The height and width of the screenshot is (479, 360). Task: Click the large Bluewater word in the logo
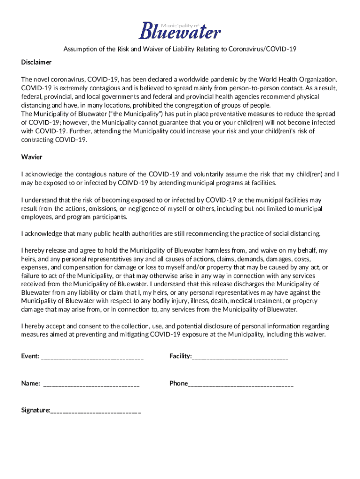[x=180, y=32]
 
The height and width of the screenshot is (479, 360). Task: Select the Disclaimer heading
[x=36, y=62]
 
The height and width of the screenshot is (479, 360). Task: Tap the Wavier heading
[x=32, y=157]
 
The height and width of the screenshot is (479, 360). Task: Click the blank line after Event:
[x=92, y=357]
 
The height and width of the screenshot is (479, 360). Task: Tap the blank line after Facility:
[x=240, y=357]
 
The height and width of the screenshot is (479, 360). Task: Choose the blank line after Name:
[x=91, y=384]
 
